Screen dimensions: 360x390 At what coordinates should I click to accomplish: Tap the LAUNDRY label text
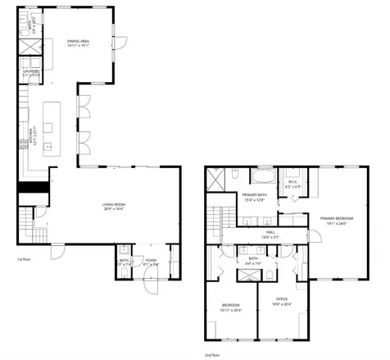coord(31,71)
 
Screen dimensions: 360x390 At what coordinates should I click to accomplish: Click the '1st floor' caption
coord(24,259)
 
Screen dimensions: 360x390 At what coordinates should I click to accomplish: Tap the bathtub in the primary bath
coord(265,176)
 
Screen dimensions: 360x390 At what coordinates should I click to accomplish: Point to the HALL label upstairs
coord(270,233)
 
